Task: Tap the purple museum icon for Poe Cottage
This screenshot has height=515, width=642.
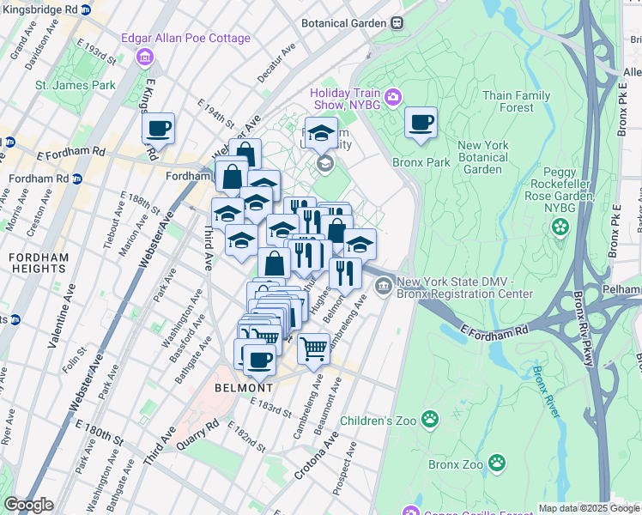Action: pos(145,58)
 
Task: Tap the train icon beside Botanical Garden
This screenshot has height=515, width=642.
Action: pos(397,23)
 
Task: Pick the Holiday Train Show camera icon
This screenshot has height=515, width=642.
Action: pos(393,96)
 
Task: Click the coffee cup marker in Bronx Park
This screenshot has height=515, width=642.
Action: pos(421,123)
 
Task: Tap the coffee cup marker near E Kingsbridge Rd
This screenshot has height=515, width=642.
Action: pos(158,129)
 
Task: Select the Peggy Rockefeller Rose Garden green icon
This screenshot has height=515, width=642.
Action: pos(560,227)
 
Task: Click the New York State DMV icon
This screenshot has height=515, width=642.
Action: pos(384,283)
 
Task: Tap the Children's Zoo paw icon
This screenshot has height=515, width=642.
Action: pos(429,420)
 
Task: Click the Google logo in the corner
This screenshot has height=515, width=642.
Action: pos(28,504)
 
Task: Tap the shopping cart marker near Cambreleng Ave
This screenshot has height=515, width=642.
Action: pos(314,348)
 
